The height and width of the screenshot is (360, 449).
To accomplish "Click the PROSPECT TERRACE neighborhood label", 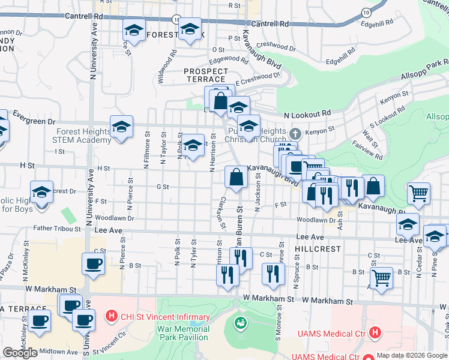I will click(206, 76).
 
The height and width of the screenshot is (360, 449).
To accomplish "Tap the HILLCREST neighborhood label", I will click(318, 248).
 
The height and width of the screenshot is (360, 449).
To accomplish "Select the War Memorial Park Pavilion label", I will click(184, 333).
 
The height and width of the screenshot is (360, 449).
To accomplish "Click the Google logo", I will click(20, 353).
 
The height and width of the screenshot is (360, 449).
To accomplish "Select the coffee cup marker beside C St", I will click(93, 264).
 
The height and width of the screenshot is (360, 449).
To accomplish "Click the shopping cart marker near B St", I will click(381, 278).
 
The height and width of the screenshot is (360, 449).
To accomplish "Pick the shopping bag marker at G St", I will click(236, 177).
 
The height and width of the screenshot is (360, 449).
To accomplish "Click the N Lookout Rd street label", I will click(307, 113).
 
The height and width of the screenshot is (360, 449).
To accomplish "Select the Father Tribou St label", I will click(57, 229).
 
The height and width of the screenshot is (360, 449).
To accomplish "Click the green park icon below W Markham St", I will click(241, 323).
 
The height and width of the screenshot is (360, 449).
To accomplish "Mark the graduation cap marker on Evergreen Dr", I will click(121, 127).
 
